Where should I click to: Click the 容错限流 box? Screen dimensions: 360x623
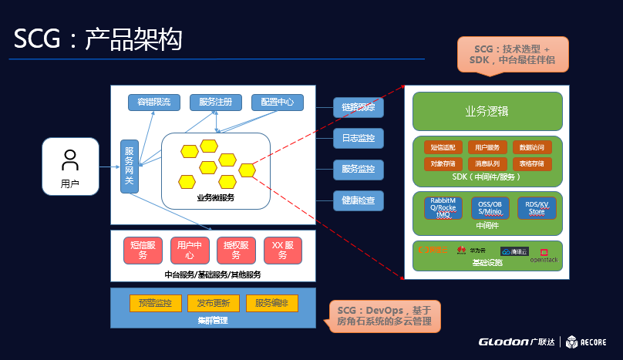[x=154, y=102]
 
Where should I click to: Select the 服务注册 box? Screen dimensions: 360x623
[x=221, y=102]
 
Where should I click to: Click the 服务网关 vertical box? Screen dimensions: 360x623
[x=129, y=167]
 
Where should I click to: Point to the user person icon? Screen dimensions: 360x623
[x=70, y=160]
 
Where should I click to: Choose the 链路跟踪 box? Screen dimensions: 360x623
[x=358, y=107]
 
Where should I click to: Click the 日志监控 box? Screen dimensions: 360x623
[x=358, y=139]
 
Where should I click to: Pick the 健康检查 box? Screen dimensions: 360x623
[x=358, y=200]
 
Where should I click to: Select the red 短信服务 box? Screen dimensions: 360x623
[x=143, y=250]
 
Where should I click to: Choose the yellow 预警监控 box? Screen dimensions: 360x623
[x=155, y=303]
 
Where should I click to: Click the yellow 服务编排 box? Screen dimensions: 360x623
[x=271, y=303]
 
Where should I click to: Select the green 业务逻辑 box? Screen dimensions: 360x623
[x=487, y=111]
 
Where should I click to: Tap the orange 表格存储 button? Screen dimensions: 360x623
[x=531, y=163]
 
